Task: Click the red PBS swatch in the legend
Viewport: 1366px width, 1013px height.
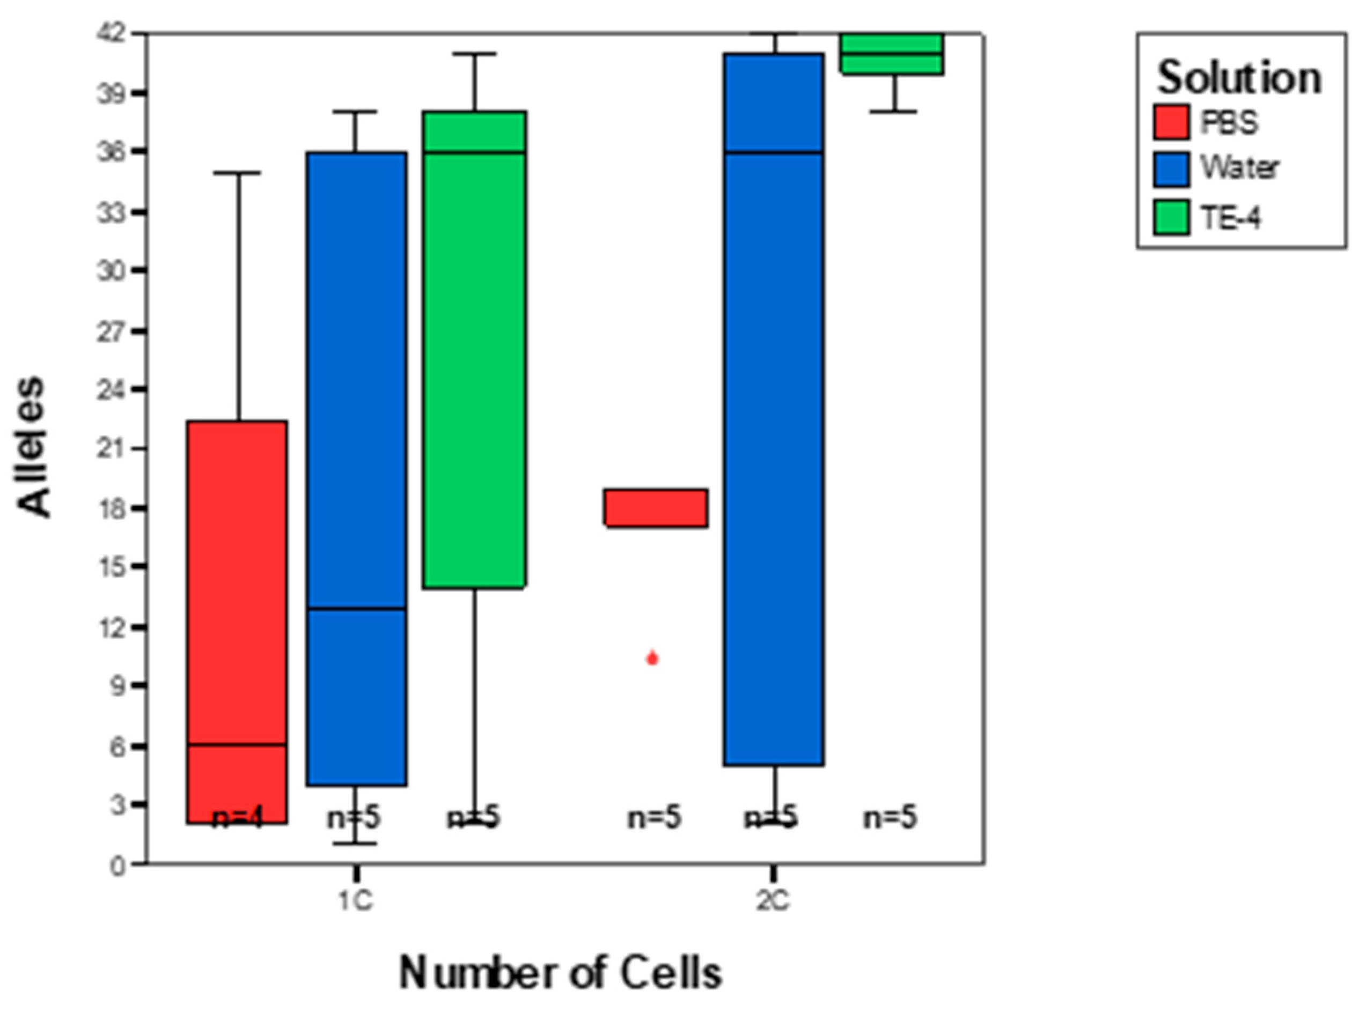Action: point(1170,122)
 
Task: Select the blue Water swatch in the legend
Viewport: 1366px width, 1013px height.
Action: point(1170,169)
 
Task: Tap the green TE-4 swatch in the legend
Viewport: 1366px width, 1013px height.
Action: point(1170,218)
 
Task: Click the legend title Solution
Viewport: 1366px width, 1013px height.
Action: point(1239,78)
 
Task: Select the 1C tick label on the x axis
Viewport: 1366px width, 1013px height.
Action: point(356,901)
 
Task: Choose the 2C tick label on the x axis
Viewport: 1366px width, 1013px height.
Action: point(773,901)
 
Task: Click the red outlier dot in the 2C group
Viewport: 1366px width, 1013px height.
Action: point(652,659)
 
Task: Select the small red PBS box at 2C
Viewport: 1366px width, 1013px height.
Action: point(656,508)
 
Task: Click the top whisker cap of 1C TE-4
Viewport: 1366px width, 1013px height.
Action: point(475,54)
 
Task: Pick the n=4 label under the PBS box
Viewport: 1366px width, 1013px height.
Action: point(237,818)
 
